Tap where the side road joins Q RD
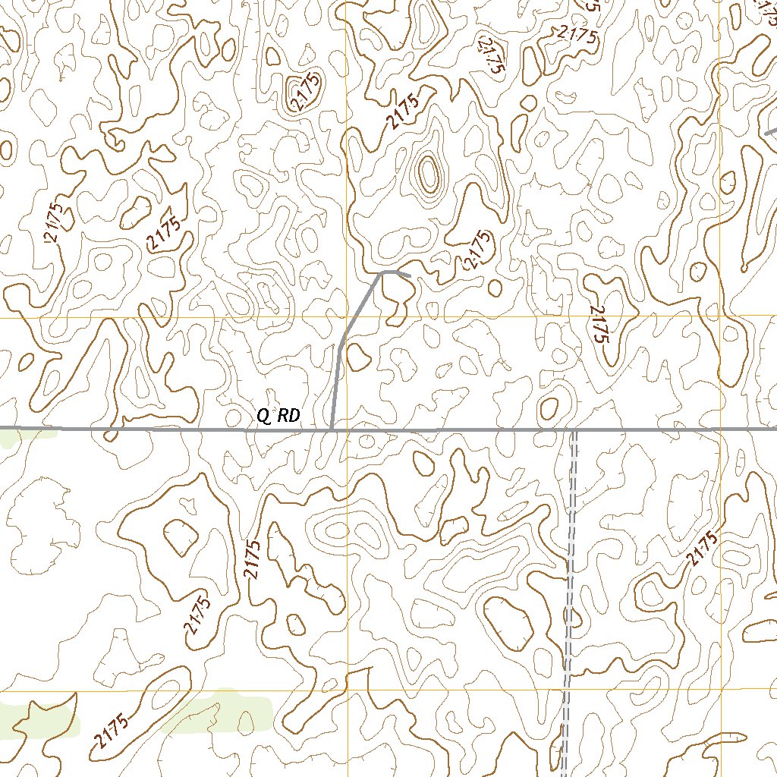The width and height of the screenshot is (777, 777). pos(332,429)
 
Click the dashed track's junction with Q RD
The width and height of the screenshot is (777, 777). pos(574,429)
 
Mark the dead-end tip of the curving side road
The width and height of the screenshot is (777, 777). pos(410,275)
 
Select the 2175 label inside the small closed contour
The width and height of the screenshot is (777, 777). pos(305,92)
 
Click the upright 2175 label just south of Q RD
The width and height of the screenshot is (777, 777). pos(253,559)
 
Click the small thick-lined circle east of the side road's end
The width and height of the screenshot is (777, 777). pos(495,288)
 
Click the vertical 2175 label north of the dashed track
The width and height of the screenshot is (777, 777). pos(599,326)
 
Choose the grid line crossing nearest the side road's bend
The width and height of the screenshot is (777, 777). pos(348,317)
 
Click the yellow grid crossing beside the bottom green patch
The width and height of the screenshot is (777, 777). pos(348,691)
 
